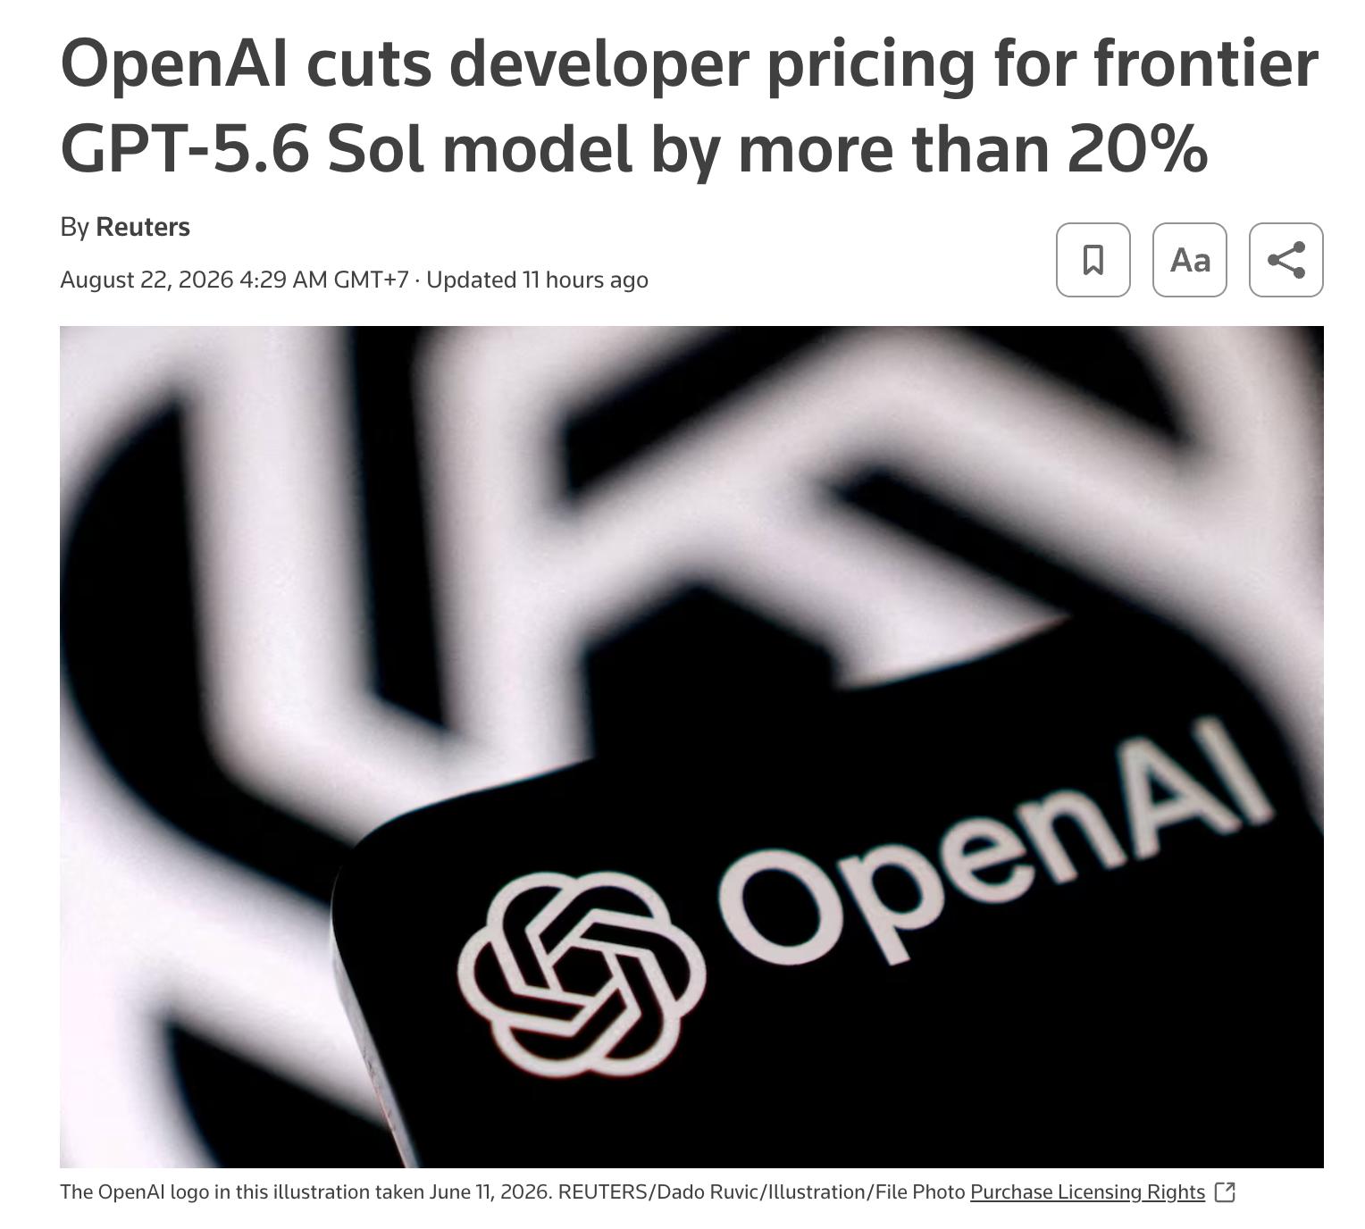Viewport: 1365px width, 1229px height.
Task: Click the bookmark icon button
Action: pos(1093,260)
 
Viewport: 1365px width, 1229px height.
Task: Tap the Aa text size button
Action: pos(1189,260)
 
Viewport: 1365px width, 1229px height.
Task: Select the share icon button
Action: pos(1286,260)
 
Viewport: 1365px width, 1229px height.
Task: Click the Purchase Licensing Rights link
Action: pos(1087,1191)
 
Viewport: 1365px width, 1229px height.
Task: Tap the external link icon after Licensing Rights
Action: pos(1225,1191)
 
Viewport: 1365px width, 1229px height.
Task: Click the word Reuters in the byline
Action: pos(143,227)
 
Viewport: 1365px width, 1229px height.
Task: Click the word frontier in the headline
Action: pos(1206,64)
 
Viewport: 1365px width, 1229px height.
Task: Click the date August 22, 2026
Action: pos(147,280)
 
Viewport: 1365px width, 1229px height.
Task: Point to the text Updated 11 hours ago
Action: pos(537,280)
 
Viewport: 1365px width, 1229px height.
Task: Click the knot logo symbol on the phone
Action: pos(582,974)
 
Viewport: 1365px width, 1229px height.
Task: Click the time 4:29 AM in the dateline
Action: pos(284,280)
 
